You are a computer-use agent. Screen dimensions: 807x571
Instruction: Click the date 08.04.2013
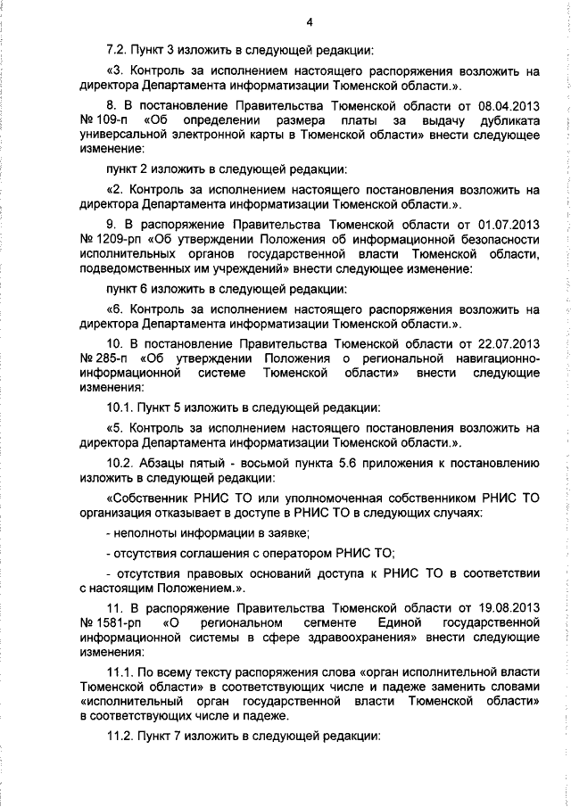point(506,104)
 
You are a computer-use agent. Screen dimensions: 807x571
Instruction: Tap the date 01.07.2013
point(506,226)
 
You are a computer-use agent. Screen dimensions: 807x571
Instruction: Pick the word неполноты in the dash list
point(144,532)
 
